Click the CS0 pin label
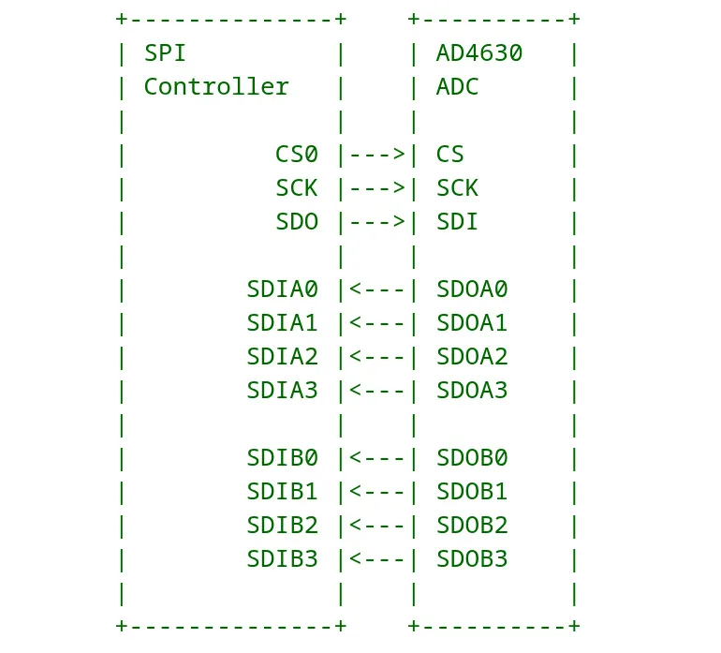pyautogui.click(x=296, y=154)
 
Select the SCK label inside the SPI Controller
pyautogui.click(x=296, y=187)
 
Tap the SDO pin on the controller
pyautogui.click(x=296, y=221)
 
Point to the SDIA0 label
pyautogui.click(x=282, y=289)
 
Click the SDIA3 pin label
pyautogui.click(x=282, y=390)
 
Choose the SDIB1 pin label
pyautogui.click(x=282, y=491)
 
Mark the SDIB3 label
pyautogui.click(x=282, y=558)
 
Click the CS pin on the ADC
pyautogui.click(x=449, y=154)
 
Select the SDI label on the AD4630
pyautogui.click(x=457, y=221)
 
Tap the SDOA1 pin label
pyautogui.click(x=471, y=322)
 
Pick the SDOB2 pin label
pyautogui.click(x=471, y=525)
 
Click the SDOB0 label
pyautogui.click(x=471, y=457)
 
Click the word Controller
pyautogui.click(x=216, y=86)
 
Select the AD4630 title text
pyautogui.click(x=478, y=52)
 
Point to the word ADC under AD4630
pyautogui.click(x=457, y=86)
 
